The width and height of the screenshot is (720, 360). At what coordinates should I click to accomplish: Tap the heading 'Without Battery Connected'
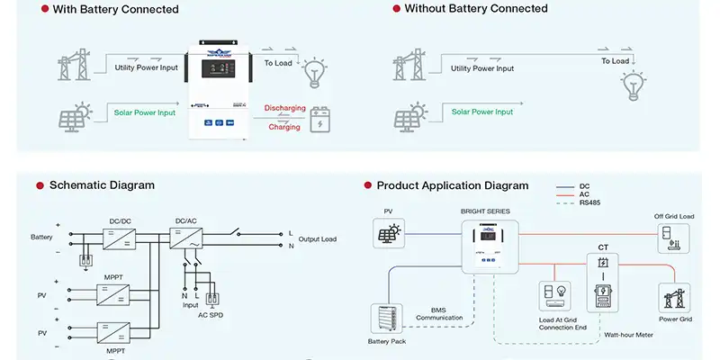click(x=476, y=9)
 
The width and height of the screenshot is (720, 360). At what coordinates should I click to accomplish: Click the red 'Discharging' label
click(x=284, y=108)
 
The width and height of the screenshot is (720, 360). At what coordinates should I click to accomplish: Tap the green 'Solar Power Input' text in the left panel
click(x=145, y=112)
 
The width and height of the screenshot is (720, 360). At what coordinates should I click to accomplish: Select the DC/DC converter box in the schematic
click(x=120, y=238)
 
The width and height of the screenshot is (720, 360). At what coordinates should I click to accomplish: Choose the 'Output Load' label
click(x=317, y=238)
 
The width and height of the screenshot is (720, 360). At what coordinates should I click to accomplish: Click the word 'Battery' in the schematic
click(x=41, y=238)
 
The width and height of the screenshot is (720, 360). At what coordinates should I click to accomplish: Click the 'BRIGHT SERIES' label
click(x=485, y=211)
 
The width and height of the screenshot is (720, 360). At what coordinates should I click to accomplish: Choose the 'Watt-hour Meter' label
click(x=630, y=334)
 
